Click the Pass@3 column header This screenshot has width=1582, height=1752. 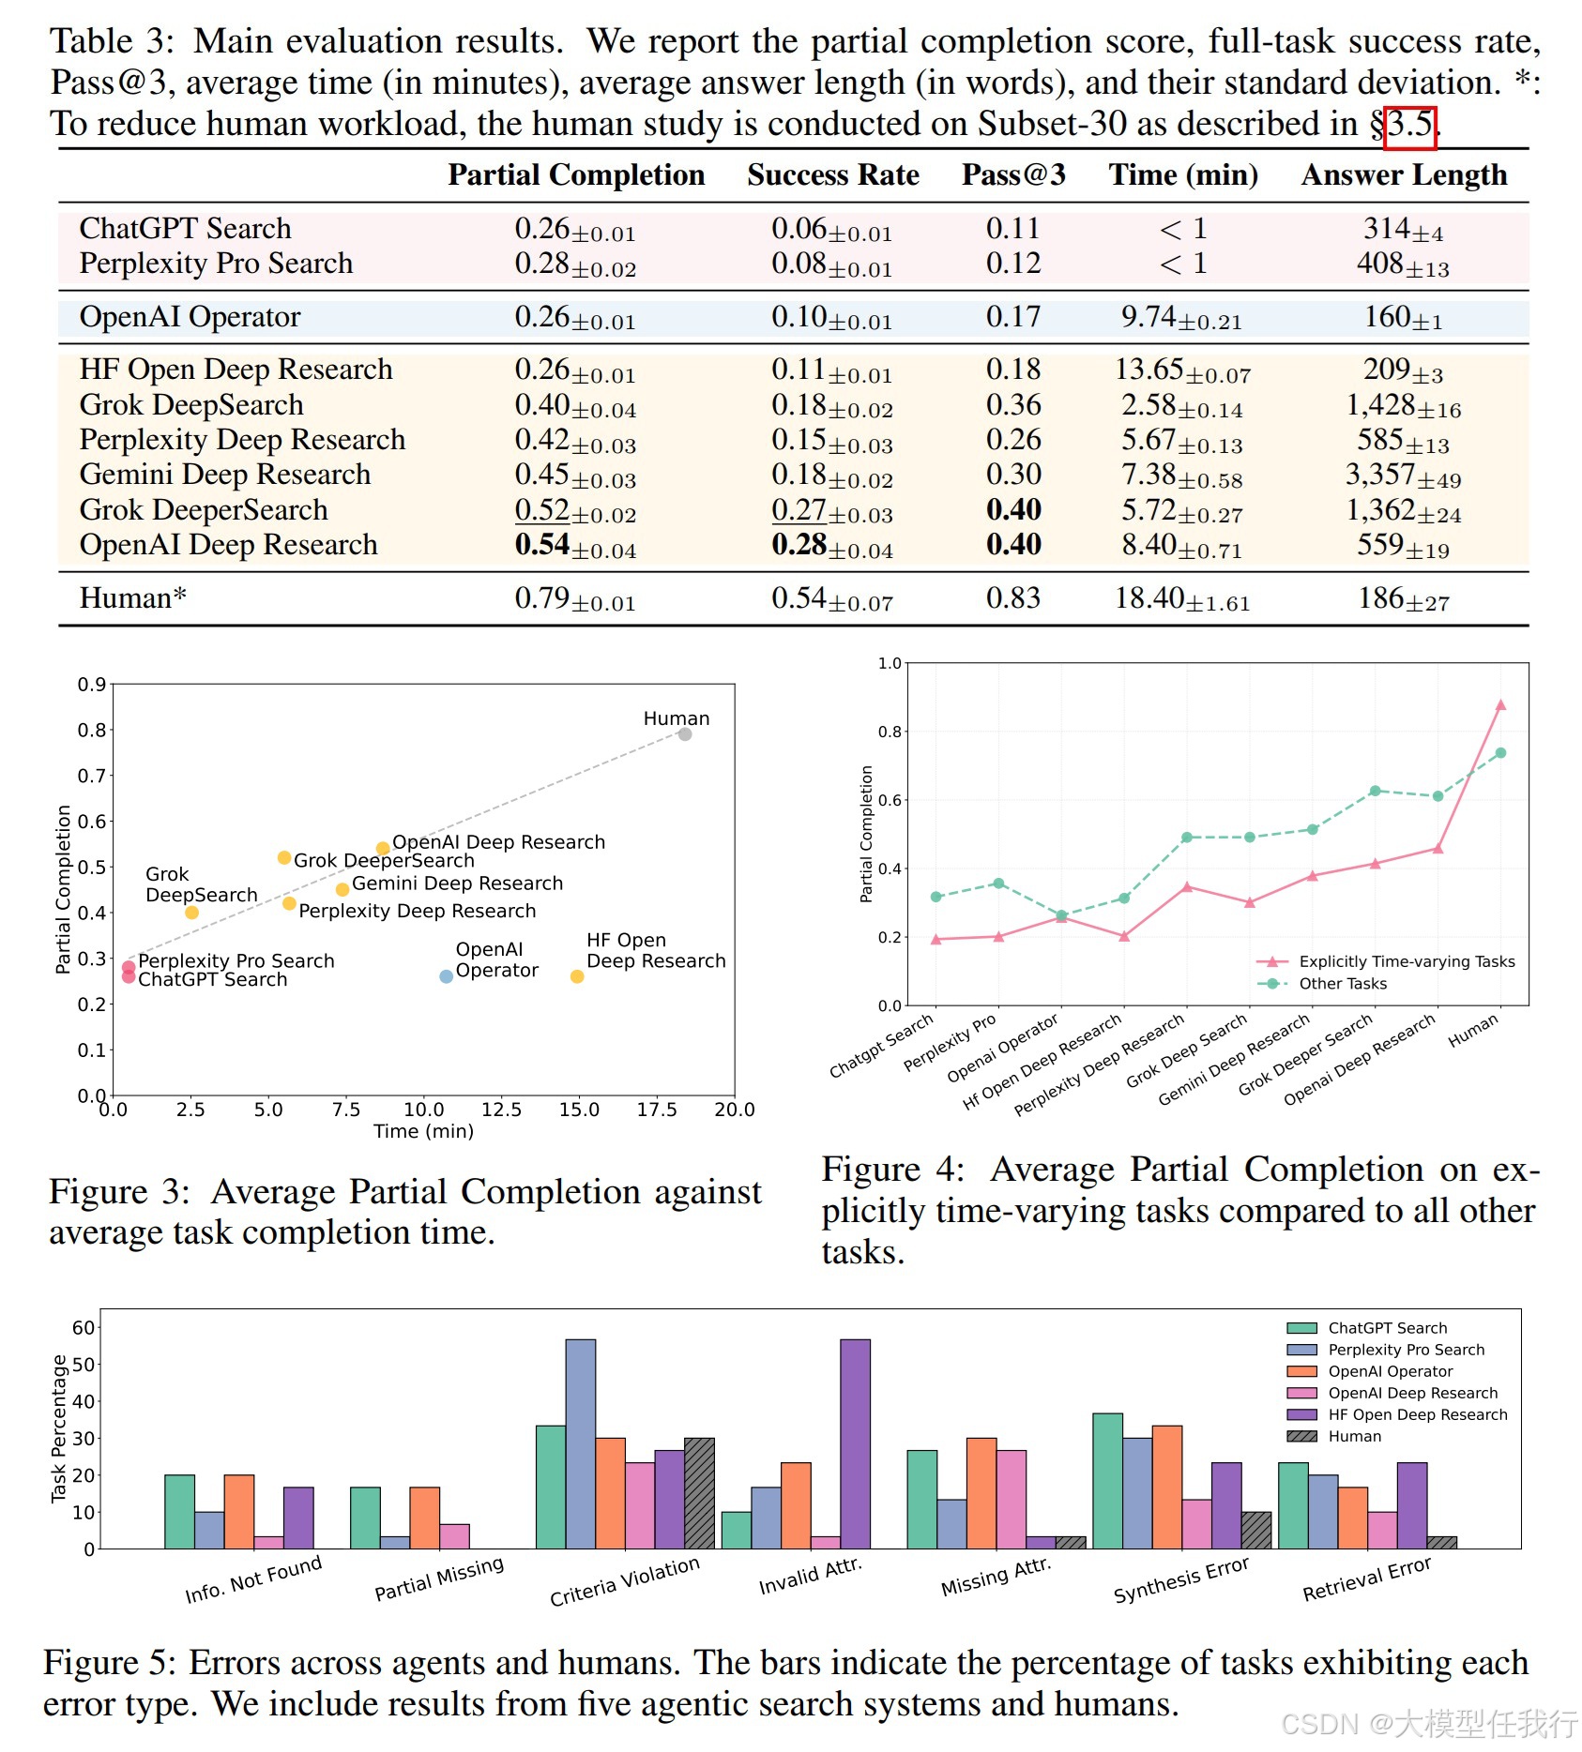1013,175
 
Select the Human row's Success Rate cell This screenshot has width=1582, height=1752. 831,598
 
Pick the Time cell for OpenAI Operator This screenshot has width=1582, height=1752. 1181,317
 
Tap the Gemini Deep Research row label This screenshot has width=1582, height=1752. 225,475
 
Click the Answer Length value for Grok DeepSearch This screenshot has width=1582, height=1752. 1403,405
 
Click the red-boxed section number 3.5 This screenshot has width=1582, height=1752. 1410,125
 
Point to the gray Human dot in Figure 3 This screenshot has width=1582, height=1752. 685,734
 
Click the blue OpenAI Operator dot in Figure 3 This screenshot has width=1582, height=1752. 447,976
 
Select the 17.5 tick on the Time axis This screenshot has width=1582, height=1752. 657,1110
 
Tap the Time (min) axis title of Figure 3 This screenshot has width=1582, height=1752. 423,1132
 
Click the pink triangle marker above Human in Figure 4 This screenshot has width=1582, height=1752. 1500,704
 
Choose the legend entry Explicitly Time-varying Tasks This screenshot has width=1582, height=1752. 1406,961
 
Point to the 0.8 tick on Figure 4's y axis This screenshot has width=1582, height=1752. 889,732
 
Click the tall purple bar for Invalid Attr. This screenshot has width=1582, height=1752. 855,1443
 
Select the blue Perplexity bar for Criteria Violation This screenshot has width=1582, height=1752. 580,1443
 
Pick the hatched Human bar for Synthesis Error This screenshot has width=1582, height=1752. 1255,1530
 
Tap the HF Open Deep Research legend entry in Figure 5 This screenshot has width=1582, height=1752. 1417,1414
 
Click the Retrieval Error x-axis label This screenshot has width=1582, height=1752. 1366,1578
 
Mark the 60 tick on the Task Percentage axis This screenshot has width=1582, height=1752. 84,1327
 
